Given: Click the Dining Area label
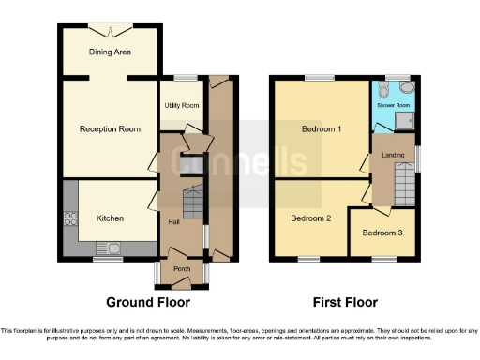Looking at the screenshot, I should pyautogui.click(x=110, y=52).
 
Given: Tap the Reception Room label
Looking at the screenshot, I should pyautogui.click(x=110, y=129).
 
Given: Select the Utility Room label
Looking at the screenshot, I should pyautogui.click(x=182, y=106).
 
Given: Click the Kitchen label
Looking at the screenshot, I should pyautogui.click(x=110, y=218).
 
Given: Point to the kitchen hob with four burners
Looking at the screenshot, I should pyautogui.click(x=70, y=219).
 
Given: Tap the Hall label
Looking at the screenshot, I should pyautogui.click(x=173, y=222).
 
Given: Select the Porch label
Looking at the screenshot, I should pyautogui.click(x=182, y=270).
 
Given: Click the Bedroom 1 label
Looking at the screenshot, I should pyautogui.click(x=322, y=129).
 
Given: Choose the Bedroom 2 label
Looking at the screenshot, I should pyautogui.click(x=310, y=218).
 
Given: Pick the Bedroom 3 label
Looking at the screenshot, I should pyautogui.click(x=382, y=232).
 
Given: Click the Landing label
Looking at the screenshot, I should pyautogui.click(x=393, y=155).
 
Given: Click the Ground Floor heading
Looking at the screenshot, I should pyautogui.click(x=147, y=303).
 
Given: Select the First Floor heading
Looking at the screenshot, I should pyautogui.click(x=346, y=303).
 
